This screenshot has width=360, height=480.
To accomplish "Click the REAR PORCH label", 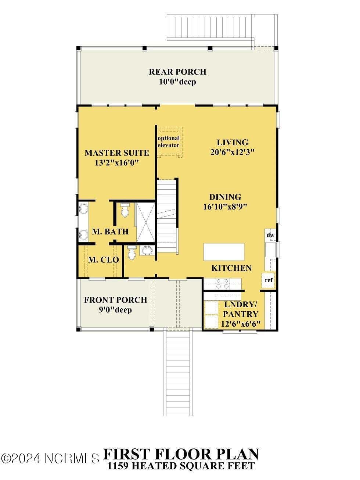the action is [177, 72].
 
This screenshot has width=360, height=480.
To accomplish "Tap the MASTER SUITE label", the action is [117, 153].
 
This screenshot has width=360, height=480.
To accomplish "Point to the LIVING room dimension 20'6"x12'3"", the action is [233, 152].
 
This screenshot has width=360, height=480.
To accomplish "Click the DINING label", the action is [225, 197].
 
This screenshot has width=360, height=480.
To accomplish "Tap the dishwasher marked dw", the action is [270, 235].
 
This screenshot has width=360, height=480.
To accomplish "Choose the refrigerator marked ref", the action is [269, 280].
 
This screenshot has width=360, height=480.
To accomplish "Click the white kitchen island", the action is [224, 252].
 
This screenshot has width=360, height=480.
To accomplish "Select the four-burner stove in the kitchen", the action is [222, 284].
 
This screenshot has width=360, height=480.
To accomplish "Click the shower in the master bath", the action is [145, 222].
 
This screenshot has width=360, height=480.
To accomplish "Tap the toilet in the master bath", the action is [125, 210].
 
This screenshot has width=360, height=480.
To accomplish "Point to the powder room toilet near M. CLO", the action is [132, 252].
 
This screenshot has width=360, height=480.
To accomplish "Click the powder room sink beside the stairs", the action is [147, 250].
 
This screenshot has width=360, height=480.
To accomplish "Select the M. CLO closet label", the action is [104, 260].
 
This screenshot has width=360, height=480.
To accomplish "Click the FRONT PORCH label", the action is [116, 300].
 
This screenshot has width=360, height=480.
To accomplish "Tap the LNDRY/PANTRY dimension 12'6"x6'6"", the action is [241, 324].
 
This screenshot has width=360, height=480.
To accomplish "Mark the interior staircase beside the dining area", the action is [167, 216].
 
